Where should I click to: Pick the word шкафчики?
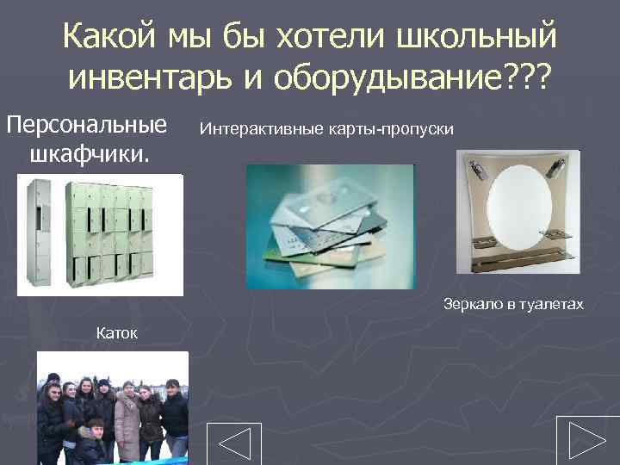89,156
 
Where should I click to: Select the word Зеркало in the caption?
472,304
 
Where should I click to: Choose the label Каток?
117,332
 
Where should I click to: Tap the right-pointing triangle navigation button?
587,440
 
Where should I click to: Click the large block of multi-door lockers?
113,232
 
